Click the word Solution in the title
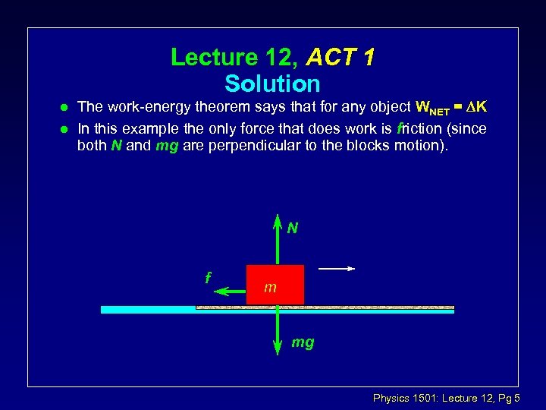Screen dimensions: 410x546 (272, 84)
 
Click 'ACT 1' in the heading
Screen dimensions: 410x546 (340, 57)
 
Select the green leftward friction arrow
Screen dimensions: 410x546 (230, 289)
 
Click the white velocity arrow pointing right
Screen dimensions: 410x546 (337, 268)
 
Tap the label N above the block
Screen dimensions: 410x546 (292, 227)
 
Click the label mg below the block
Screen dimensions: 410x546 (303, 342)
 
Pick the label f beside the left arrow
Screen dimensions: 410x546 (208, 277)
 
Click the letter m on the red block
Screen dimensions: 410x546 (270, 288)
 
